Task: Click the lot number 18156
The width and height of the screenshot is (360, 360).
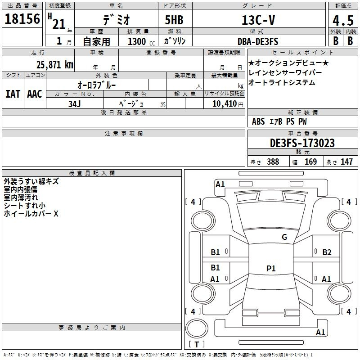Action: point(22,19)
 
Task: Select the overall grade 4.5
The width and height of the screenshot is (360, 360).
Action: point(342,21)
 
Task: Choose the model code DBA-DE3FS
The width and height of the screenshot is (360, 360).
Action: point(258,41)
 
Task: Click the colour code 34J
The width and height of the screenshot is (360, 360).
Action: point(75,104)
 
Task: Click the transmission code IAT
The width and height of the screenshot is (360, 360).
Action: point(13,94)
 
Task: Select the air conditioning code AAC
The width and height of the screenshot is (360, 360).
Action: point(35,94)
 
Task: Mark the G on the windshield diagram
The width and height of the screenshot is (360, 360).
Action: point(284,237)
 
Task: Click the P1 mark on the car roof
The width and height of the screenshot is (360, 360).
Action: point(271,269)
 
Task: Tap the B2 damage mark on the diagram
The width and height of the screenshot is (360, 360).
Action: point(327,252)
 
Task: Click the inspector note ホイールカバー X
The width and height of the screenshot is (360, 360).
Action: point(31,214)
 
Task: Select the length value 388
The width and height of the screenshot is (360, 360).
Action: point(273,162)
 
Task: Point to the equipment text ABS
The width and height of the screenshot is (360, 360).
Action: point(258,121)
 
